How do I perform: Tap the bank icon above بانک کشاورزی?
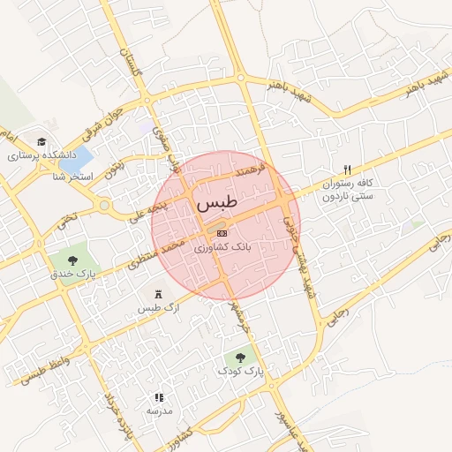[221, 232]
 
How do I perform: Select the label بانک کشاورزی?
[222, 248]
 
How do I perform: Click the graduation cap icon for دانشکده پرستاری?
[41, 141]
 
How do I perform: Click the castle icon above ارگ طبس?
[158, 293]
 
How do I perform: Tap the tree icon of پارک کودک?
[240, 357]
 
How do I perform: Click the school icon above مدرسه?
[159, 398]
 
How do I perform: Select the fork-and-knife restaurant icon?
[347, 169]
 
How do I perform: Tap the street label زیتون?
[114, 168]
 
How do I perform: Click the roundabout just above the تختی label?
[105, 207]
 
